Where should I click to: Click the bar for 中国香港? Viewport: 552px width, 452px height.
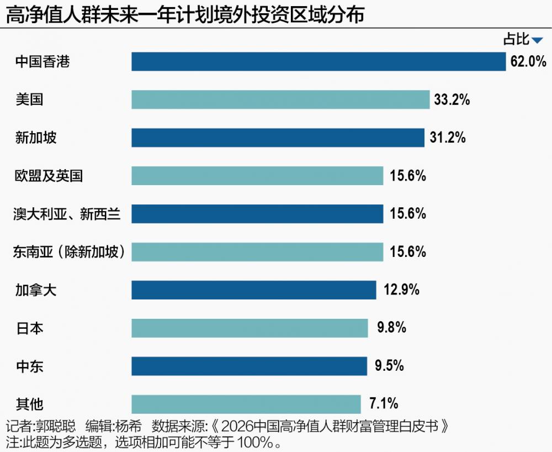[319, 61]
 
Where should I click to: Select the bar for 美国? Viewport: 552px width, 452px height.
[280, 99]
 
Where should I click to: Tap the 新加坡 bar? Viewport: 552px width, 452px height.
[278, 138]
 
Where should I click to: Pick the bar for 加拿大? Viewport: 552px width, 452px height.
[254, 290]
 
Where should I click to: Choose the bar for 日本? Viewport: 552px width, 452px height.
[250, 328]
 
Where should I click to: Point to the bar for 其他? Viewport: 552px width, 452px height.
[246, 404]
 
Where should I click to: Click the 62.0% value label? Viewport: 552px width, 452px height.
[528, 61]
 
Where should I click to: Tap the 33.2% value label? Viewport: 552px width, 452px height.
[452, 99]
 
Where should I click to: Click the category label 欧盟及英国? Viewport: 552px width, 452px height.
[49, 176]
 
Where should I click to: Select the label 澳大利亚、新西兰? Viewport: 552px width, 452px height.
[67, 214]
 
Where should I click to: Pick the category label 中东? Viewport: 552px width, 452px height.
[29, 366]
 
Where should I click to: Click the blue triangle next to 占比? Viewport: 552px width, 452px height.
[537, 40]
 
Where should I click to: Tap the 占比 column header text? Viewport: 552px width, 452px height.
[516, 39]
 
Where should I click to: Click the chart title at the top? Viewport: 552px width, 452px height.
[185, 14]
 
